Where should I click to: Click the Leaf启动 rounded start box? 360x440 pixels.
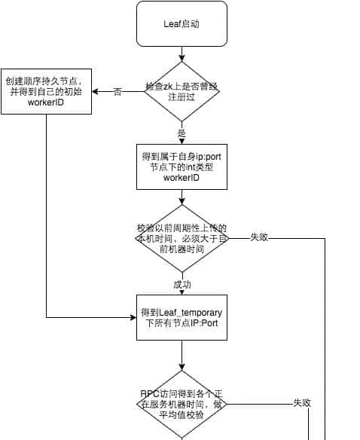click(182, 23)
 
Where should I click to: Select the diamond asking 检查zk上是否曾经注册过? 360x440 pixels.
click(182, 91)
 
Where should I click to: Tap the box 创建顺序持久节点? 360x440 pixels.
click(46, 91)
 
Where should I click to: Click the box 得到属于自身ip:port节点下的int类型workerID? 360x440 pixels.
click(182, 167)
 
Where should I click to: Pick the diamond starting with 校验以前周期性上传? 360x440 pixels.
click(182, 238)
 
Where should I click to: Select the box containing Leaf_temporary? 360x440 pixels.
click(182, 317)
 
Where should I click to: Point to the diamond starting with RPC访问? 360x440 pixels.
click(182, 404)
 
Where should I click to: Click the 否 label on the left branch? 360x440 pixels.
click(117, 92)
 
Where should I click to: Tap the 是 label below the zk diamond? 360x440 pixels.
click(182, 133)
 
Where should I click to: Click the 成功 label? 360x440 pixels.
click(182, 285)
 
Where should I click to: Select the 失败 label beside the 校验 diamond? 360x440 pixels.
click(259, 238)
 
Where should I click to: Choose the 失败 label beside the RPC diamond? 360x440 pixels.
click(302, 404)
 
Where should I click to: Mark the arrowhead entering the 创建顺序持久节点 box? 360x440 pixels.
click(96, 91)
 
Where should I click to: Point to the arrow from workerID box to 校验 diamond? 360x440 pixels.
click(182, 197)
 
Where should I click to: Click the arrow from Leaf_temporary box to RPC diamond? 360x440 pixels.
click(182, 354)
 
